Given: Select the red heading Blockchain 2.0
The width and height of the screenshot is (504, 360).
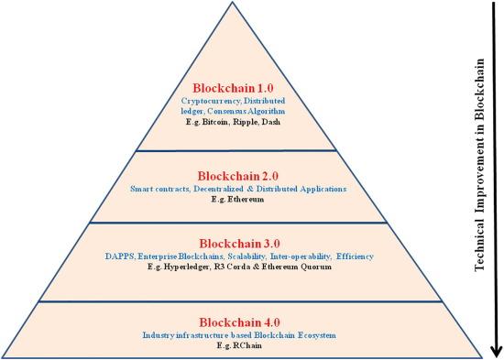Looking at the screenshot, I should coord(236,173).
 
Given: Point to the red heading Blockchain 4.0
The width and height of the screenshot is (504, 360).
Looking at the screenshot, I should coord(236,322).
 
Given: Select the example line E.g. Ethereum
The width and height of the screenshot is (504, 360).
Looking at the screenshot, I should coord(236,201).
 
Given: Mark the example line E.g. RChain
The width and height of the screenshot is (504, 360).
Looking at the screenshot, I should coord(236,347).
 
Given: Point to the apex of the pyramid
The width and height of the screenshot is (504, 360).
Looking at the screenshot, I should coord(237,4).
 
